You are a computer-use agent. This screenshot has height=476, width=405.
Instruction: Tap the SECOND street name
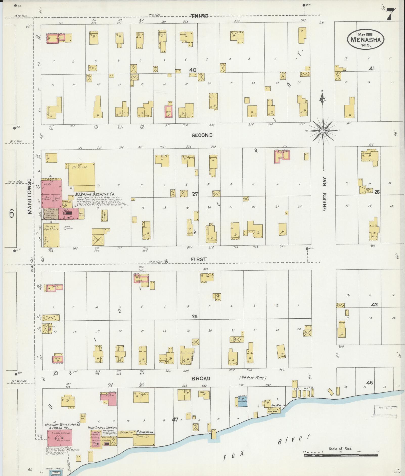[x=202, y=135]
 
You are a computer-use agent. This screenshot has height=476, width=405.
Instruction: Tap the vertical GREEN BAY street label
[x=325, y=193]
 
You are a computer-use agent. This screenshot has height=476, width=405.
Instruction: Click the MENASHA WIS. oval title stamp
[x=366, y=39]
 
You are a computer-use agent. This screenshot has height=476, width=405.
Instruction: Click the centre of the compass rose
[x=323, y=131]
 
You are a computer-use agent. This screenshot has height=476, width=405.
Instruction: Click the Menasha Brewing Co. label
[x=95, y=194]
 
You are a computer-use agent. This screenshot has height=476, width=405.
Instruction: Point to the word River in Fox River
[x=294, y=440]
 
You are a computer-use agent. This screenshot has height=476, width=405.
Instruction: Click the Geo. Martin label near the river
[x=278, y=405]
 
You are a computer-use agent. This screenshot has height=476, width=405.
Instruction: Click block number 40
[x=193, y=70]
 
